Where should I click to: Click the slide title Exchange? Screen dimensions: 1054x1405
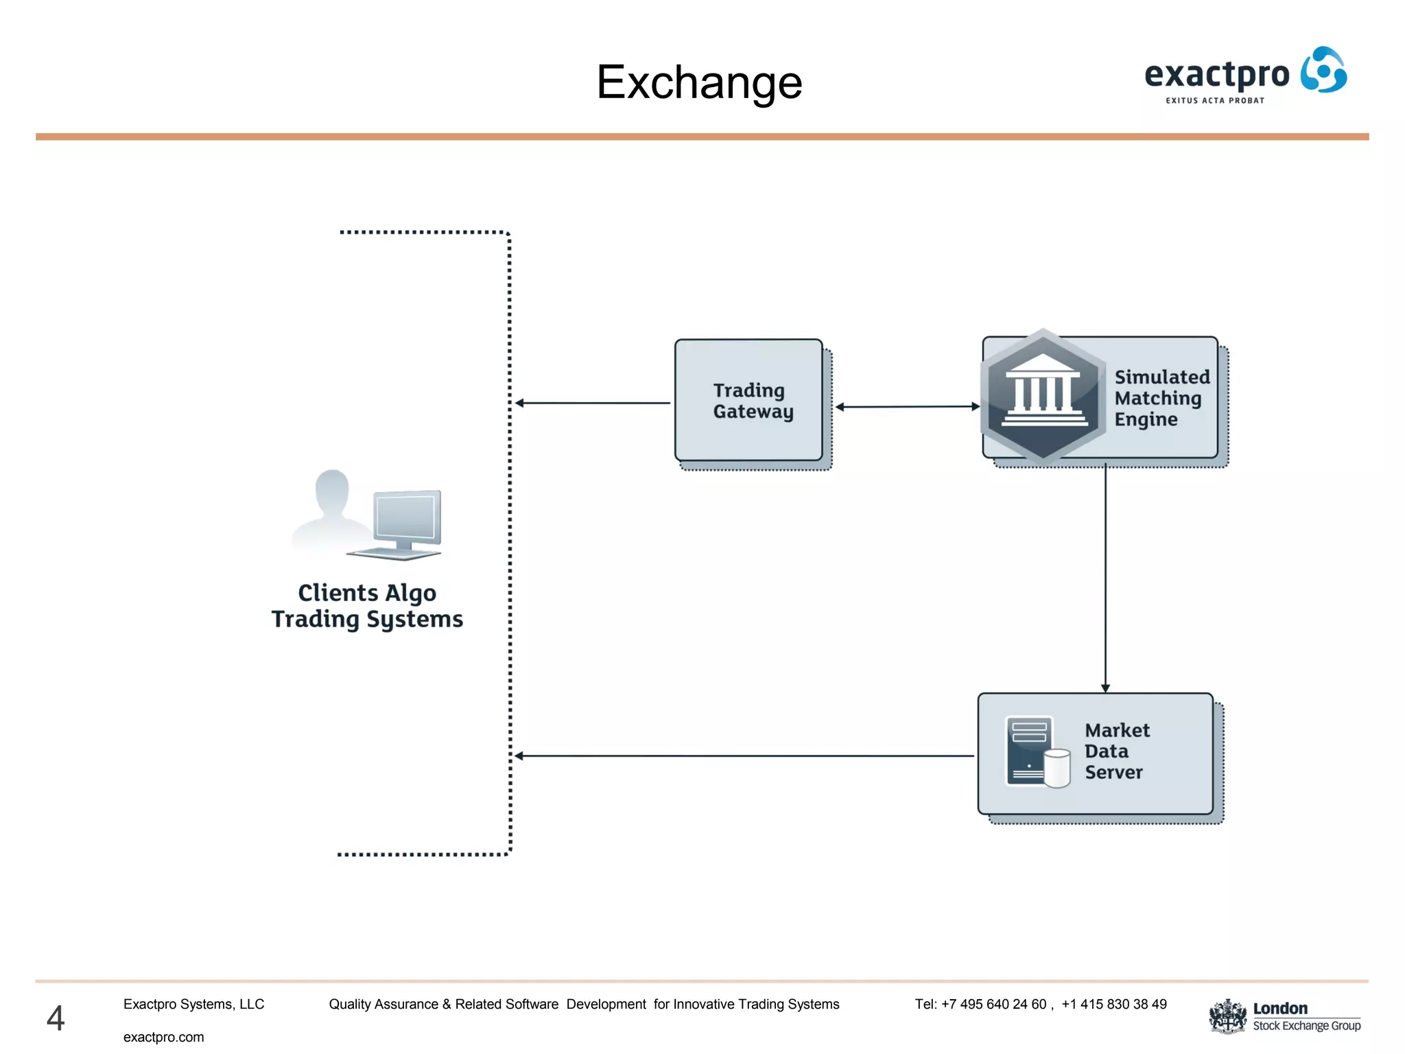click(698, 82)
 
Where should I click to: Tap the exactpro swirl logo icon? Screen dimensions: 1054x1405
click(1324, 70)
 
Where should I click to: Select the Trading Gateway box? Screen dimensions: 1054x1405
click(748, 400)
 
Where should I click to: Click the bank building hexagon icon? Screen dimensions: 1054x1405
click(1043, 397)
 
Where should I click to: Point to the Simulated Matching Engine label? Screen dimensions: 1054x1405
click(1161, 398)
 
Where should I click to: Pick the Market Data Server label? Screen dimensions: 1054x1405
click(1116, 751)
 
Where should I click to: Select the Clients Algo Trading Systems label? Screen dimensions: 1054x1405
click(367, 606)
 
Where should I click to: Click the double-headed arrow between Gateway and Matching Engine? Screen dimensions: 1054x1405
click(907, 407)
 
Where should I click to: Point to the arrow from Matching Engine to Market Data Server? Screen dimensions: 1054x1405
click(1105, 576)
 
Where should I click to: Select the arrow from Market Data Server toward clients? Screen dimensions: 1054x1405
click(744, 756)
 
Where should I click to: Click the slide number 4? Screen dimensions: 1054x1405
click(56, 1018)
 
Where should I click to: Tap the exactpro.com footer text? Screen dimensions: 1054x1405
click(163, 1037)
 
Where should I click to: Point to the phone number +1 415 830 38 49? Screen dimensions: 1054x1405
click(1113, 1004)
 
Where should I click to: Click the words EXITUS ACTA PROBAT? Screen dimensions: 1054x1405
click(1214, 101)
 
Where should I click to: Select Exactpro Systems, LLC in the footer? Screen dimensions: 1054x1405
click(193, 1004)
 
